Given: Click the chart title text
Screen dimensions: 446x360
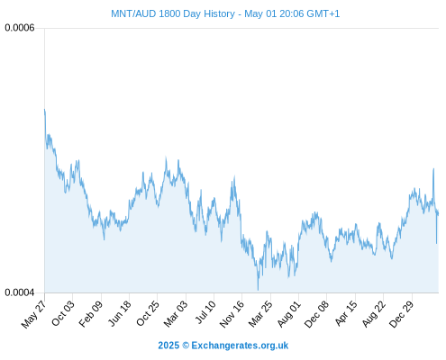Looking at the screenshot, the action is pos(225,13).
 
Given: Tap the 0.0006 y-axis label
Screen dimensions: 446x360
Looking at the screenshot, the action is pos(20,28).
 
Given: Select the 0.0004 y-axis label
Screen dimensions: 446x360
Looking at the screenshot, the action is pos(20,292).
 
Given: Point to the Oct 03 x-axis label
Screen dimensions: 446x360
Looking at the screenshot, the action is pos(62,313).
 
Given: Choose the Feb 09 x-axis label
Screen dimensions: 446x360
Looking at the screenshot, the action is pos(91,313).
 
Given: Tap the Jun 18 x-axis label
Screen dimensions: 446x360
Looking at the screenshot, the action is pos(119,313).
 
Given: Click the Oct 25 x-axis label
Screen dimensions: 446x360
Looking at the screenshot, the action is pos(148,313).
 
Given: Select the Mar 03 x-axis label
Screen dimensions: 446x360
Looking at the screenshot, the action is pos(176,313).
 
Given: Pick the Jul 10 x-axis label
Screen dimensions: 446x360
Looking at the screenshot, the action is pos(205,312).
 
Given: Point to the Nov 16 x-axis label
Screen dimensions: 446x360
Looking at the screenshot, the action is pos(232,314).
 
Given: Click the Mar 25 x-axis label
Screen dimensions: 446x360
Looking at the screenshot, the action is pos(260,313).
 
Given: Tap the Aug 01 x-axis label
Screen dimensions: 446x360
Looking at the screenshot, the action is pos(288,313).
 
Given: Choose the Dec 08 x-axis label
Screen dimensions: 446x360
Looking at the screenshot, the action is pos(316,314).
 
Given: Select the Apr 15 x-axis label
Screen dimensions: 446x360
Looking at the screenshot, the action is pos(346,313).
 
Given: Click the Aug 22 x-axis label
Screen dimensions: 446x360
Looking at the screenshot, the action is pos(373,313).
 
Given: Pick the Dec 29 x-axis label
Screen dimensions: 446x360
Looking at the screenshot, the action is pos(401,314).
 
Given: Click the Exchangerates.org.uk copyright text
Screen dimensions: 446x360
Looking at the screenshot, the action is pos(223,346).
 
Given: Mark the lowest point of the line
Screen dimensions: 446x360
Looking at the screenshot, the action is pos(258,290).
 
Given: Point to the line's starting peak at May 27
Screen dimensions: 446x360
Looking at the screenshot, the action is pos(45,109).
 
